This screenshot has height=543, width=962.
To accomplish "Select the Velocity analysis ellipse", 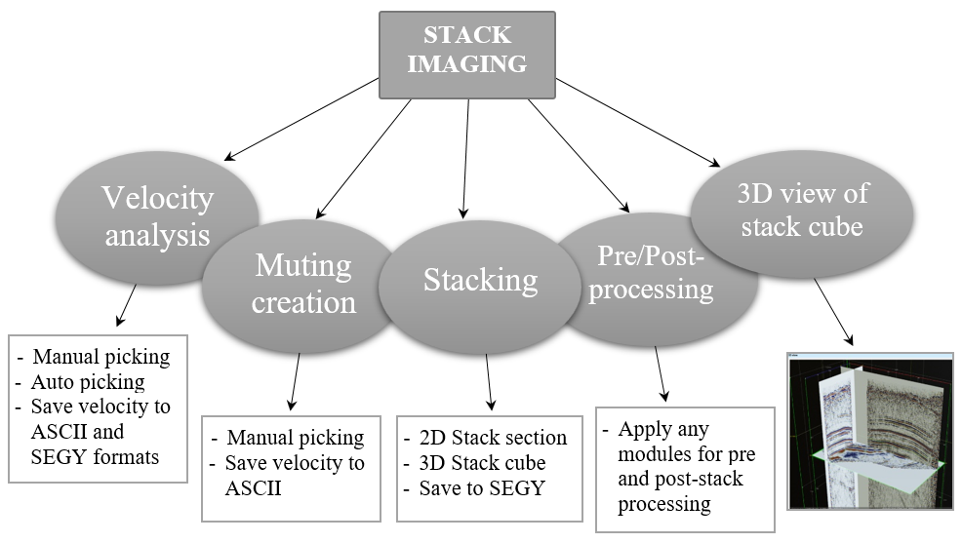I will [x=157, y=216].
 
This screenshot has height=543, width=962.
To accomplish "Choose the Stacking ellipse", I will [x=480, y=281].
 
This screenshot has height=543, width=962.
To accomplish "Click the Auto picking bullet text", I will [x=94, y=382].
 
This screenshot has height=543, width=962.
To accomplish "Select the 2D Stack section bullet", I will [x=489, y=438].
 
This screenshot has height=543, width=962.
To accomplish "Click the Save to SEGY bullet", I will [x=474, y=486].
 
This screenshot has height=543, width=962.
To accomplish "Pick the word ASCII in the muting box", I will [x=254, y=487].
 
